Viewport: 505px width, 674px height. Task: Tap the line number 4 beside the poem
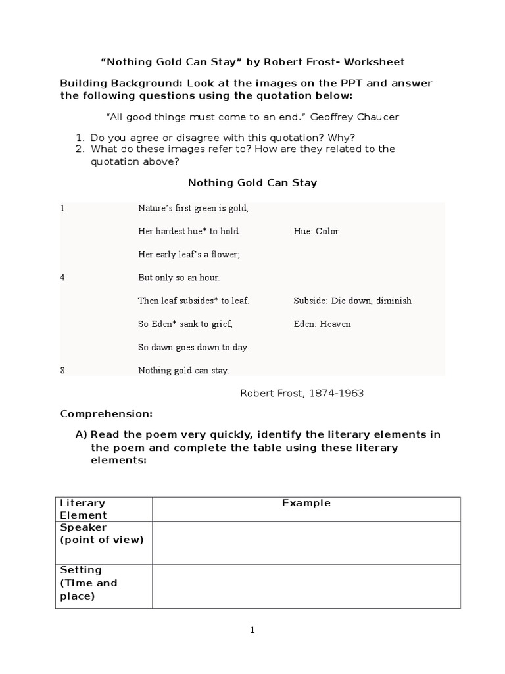click(x=62, y=278)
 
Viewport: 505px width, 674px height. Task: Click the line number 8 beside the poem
click(x=62, y=370)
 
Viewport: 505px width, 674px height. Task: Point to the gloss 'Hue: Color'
click(x=316, y=232)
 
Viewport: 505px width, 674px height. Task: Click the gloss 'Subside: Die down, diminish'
click(x=352, y=301)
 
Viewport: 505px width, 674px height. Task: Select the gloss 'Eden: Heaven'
click(x=322, y=324)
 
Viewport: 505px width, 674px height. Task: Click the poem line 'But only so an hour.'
click(x=179, y=278)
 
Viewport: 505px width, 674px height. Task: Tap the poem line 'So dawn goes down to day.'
click(x=193, y=347)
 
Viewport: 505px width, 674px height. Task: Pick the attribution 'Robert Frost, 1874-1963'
click(x=302, y=393)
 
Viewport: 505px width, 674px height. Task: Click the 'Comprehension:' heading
click(x=106, y=414)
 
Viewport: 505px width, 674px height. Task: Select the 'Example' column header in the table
click(x=306, y=503)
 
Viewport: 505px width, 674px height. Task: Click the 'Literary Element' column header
click(x=84, y=509)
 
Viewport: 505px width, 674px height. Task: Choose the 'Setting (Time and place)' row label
click(x=88, y=583)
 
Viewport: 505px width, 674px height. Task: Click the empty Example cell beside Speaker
click(x=306, y=542)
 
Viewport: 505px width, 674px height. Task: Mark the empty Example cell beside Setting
click(x=306, y=586)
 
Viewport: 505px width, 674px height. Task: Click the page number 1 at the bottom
click(x=252, y=630)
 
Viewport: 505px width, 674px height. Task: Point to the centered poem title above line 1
click(x=252, y=183)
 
